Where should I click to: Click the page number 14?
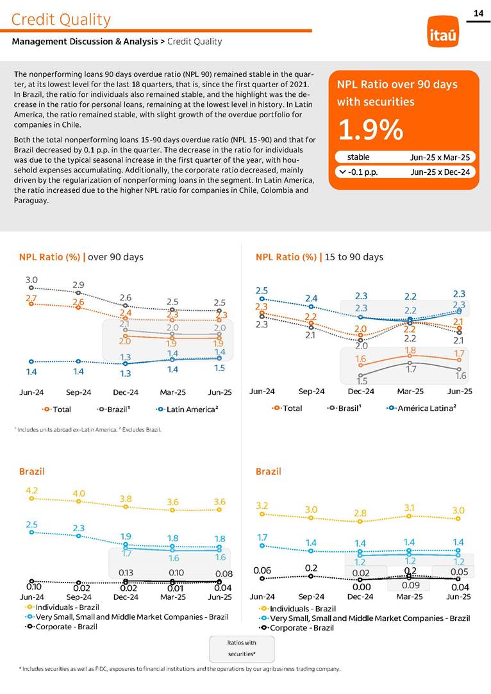[x=478, y=13]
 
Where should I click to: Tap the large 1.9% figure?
[x=370, y=130]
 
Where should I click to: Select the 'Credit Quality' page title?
[x=61, y=20]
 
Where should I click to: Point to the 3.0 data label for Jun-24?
[x=31, y=280]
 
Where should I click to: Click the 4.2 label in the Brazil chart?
[x=31, y=490]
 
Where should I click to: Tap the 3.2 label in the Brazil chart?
[x=262, y=505]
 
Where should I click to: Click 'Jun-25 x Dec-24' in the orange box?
[x=440, y=172]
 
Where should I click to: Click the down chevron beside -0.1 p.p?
[x=342, y=172]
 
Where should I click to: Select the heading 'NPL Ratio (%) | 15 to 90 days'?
[x=319, y=257]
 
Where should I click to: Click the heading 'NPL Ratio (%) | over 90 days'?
[x=81, y=257]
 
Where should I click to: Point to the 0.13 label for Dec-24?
[x=126, y=572]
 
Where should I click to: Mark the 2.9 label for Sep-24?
[x=79, y=285]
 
